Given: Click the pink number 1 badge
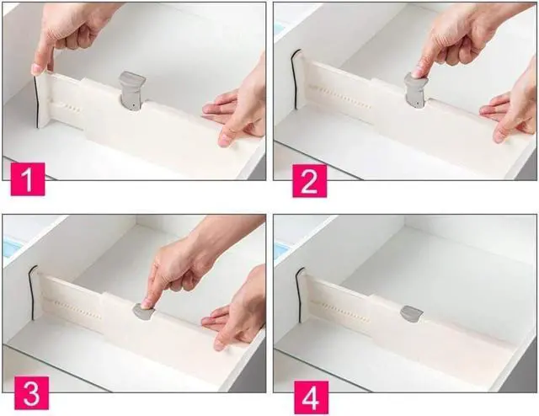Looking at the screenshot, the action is pos(28,179).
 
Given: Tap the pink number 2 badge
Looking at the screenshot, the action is pos(309,180).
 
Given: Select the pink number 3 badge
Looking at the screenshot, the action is pos(31,393).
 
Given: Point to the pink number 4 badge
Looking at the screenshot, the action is pos(311,397).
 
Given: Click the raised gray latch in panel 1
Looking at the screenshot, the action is pos(131,91).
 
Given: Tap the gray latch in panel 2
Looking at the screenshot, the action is pos(416,91).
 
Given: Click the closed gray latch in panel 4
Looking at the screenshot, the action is pos(412,314).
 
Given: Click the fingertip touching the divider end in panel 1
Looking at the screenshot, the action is pos(36,69).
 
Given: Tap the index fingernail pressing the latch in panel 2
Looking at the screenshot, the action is pos(418,72).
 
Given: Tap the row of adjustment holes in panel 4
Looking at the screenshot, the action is pos(340,312).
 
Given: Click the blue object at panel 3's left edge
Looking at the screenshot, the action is pos(11,248).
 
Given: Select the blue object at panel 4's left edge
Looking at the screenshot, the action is pos(281,250).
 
